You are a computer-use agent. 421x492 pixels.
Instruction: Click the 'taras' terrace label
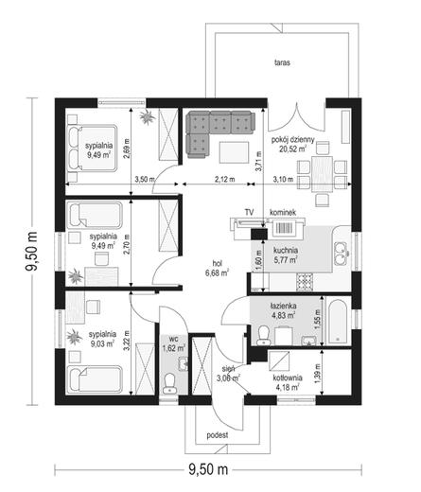pos(282,62)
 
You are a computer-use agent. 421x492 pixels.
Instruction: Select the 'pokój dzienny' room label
pos(293,140)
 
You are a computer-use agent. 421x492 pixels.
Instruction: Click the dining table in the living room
pos(322,174)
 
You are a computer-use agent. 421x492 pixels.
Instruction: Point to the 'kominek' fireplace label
pos(283,213)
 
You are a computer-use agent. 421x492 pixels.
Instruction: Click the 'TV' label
pos(249,212)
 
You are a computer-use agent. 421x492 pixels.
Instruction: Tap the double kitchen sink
pos(341,254)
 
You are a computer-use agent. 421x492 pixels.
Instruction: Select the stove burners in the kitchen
pos(305,281)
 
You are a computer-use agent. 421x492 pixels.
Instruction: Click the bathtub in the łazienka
pos(338,321)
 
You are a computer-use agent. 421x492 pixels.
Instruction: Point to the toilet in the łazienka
pos(263,336)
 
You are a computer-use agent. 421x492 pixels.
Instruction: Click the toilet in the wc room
pos(169,383)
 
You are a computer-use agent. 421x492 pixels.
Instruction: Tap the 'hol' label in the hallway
pos(217,263)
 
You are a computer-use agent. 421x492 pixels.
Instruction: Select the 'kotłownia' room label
pos(288,378)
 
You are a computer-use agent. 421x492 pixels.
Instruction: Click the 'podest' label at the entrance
pos(218,435)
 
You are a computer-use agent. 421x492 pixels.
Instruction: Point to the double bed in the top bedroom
pos(92,148)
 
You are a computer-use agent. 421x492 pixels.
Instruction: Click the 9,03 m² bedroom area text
pos(102,343)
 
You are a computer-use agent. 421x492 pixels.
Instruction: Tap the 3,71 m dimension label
pos(259,161)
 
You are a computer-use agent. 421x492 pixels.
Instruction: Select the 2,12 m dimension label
pos(225,179)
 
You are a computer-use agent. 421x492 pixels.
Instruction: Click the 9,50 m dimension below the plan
pos(208,469)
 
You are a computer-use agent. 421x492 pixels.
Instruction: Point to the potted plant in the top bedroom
pos(147,116)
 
